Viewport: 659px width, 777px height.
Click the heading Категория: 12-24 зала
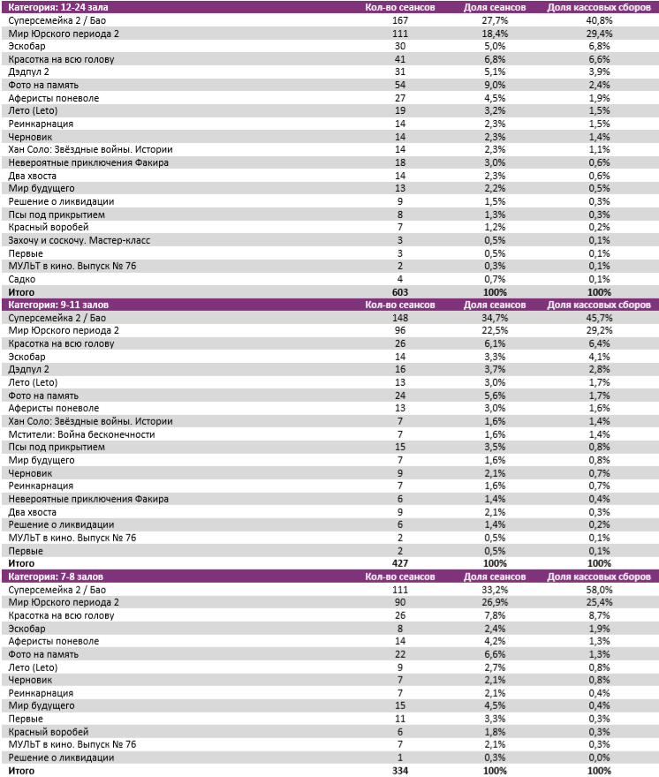pos(52,7)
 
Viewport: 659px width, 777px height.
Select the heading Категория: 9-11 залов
pos(54,305)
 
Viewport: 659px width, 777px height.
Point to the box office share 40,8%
pos(599,19)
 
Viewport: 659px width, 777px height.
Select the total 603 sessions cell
pos(400,292)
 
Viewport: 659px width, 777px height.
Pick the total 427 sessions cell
pos(400,563)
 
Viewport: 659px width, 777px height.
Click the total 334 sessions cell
pos(400,771)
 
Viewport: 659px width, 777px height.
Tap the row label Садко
pos(21,279)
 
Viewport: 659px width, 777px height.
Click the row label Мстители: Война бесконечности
pos(81,434)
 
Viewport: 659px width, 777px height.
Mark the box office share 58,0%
pos(599,589)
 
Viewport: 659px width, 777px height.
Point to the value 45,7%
pos(599,318)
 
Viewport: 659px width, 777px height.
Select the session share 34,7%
pos(495,318)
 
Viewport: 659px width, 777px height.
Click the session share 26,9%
pos(495,602)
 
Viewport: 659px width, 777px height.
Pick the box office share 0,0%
pos(599,758)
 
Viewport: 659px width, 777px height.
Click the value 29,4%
pos(599,33)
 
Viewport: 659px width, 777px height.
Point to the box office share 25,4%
pos(599,602)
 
